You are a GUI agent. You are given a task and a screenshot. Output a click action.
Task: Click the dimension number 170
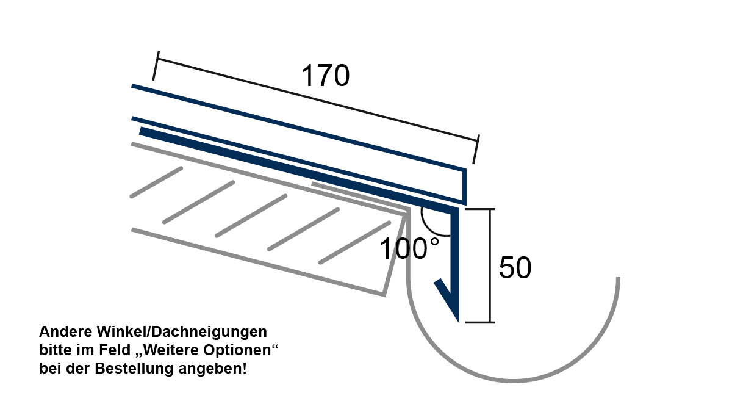[x=325, y=76]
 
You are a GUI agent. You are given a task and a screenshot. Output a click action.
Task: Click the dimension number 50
[x=515, y=268]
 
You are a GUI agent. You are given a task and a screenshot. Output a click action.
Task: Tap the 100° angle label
[x=410, y=248]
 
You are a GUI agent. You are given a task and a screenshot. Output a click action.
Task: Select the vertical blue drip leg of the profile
[x=454, y=262]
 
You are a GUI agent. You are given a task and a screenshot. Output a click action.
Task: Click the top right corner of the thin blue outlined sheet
[x=465, y=170]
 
